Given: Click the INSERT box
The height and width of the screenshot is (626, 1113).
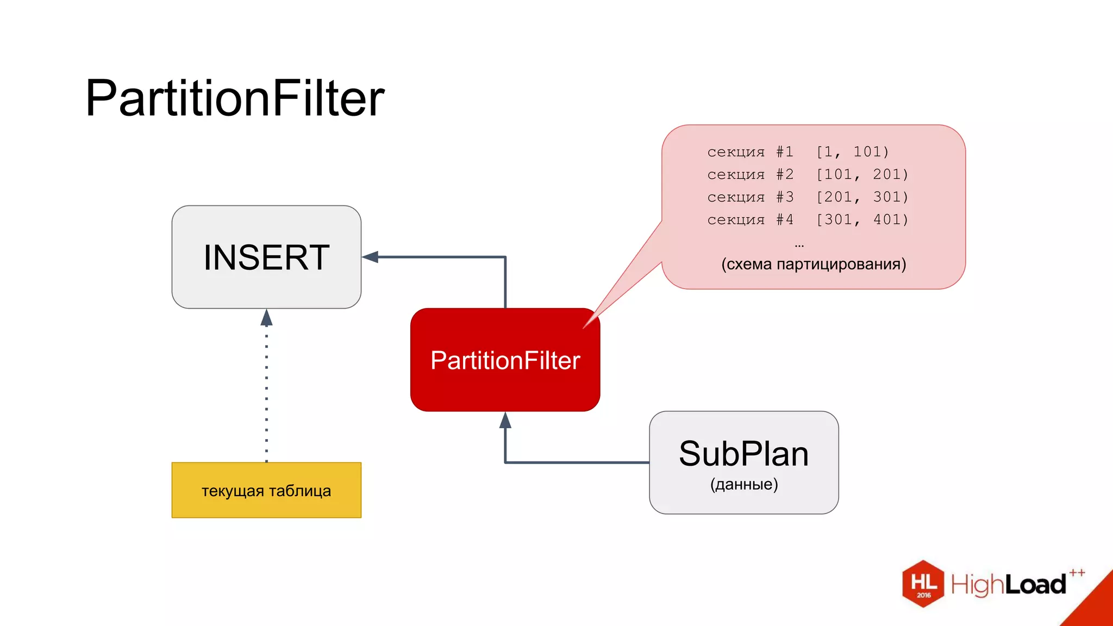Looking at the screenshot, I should point(266,257).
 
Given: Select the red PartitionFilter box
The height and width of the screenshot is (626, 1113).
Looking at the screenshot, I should point(505,360).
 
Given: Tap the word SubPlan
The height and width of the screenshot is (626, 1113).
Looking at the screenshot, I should point(743,454).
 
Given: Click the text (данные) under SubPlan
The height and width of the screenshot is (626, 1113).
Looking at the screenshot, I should point(744,484).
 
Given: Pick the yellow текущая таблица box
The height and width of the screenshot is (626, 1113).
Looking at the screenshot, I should point(266,490).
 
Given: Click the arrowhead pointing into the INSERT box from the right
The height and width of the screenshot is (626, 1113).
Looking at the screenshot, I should point(371,257).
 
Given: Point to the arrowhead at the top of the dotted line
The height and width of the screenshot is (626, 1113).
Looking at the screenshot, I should point(266,317).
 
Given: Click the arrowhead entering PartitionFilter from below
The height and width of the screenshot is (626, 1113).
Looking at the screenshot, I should point(505,420).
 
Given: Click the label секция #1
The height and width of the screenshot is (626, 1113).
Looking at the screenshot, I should point(750,152).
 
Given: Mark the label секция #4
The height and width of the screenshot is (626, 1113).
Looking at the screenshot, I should point(750,220).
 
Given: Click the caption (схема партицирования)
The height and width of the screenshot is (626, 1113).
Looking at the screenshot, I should point(814,264).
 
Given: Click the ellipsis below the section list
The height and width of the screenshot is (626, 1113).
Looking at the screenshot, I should point(799,246).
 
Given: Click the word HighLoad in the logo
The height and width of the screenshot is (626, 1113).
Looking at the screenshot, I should point(1008,585).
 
